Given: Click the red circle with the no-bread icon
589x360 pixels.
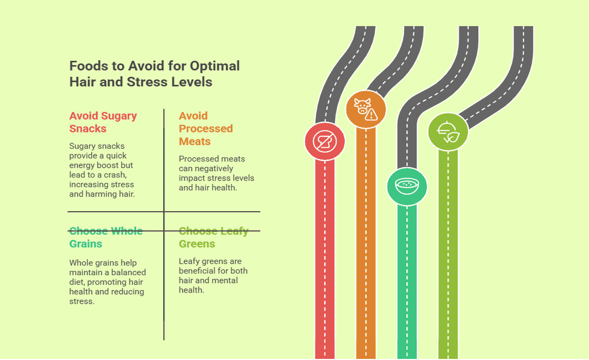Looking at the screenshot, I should (x=325, y=141).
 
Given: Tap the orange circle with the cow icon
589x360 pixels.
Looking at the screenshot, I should (x=366, y=109).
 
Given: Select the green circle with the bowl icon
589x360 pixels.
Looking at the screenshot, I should (x=407, y=186).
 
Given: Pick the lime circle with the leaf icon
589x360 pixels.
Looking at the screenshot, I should (x=448, y=132).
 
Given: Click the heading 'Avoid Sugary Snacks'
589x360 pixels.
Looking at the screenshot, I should (x=103, y=122).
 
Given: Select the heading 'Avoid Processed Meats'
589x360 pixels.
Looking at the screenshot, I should (x=206, y=128).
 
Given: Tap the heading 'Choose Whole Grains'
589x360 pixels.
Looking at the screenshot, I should (x=105, y=237).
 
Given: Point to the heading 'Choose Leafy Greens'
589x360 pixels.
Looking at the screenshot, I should (x=213, y=237).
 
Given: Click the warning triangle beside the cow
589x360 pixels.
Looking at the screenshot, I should (x=372, y=115).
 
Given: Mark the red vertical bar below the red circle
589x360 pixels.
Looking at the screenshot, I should (x=325, y=256).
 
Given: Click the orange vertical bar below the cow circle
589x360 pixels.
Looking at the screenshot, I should (x=366, y=245).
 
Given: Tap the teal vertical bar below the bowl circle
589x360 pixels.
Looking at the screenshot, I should (x=407, y=281).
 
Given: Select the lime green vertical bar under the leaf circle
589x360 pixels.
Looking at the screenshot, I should (x=448, y=256).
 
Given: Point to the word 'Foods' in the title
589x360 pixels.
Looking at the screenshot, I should (x=87, y=66).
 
